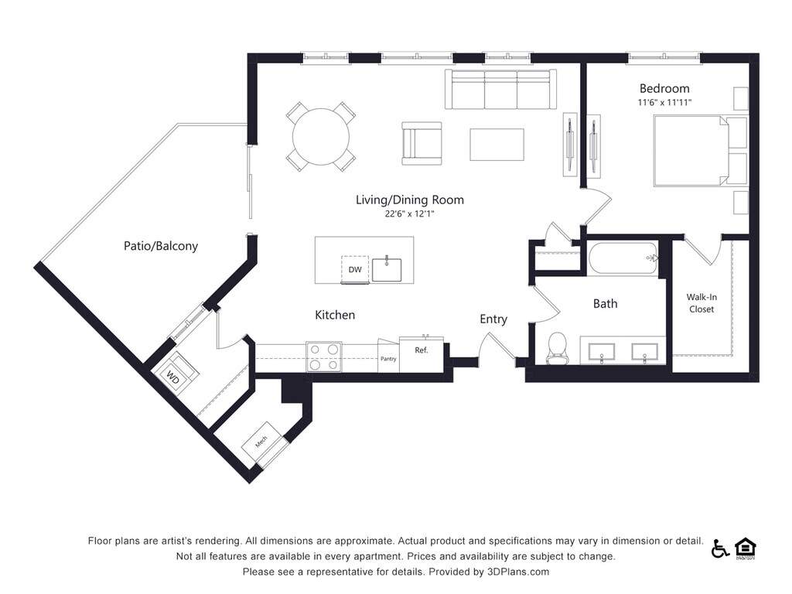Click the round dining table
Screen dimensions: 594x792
point(321,136)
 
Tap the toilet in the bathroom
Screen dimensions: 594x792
point(558,347)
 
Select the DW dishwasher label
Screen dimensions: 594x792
point(355,269)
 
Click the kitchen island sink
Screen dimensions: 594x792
point(387,269)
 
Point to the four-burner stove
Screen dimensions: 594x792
point(324,357)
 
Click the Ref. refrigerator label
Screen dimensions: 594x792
point(422,350)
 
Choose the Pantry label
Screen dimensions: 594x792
point(388,358)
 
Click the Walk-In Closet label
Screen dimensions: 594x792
point(701,302)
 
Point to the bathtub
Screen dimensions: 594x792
point(623,258)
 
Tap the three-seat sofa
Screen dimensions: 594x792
point(500,90)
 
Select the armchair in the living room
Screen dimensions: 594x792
point(421,143)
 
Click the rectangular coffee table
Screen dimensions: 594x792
point(497,145)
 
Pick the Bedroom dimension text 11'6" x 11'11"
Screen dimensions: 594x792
point(664,103)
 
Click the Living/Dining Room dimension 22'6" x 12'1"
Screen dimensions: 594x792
point(410,214)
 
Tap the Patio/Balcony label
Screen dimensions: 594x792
point(161,246)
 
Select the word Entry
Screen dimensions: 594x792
point(493,319)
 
